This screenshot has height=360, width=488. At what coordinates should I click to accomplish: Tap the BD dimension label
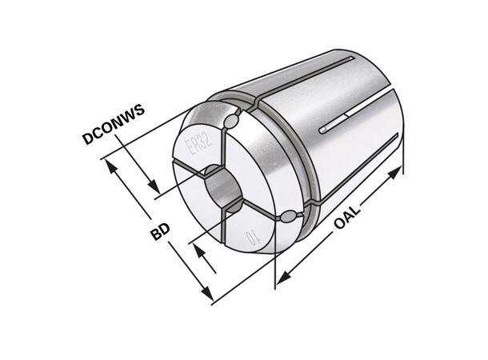coord(158,234)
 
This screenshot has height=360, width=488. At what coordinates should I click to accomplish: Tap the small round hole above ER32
coord(232,121)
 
